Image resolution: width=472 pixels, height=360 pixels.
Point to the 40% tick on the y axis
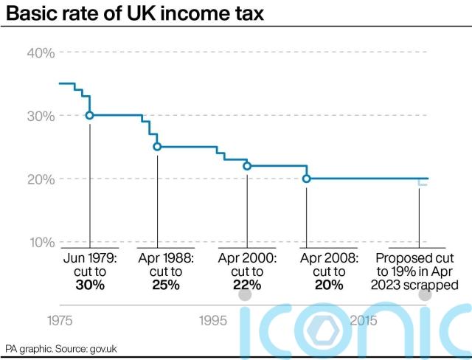pyautogui.click(x=41, y=52)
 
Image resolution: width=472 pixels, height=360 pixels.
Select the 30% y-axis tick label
pyautogui.click(x=41, y=116)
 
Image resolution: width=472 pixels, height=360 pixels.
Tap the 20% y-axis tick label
pyautogui.click(x=41, y=179)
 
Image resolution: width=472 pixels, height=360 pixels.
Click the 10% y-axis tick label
pyautogui.click(x=41, y=243)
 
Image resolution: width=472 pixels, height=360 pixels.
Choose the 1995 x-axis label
pyautogui.click(x=212, y=321)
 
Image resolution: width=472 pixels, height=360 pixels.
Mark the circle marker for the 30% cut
pyautogui.click(x=89, y=116)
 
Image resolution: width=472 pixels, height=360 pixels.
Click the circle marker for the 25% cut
pyautogui.click(x=157, y=147)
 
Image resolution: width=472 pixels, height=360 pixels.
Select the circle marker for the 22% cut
pyautogui.click(x=247, y=166)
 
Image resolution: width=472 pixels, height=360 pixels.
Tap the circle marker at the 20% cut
pyautogui.click(x=307, y=179)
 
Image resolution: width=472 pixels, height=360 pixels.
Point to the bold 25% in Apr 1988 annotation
pyautogui.click(x=166, y=285)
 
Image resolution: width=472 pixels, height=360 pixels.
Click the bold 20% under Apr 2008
pyautogui.click(x=329, y=285)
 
